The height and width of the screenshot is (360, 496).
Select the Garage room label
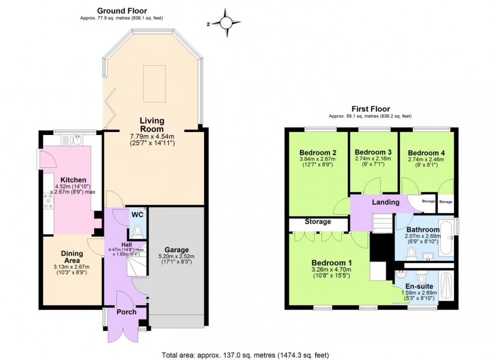(x=176, y=250)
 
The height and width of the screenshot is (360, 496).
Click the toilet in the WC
(x=136, y=231)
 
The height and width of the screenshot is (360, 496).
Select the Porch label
(x=126, y=312)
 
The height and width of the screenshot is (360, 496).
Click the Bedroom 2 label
(x=318, y=153)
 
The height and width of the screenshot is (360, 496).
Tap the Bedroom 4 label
(x=426, y=153)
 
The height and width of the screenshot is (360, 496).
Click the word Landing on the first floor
(x=385, y=202)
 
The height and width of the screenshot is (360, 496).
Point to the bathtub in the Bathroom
(x=446, y=238)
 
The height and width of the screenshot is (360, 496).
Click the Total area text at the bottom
(x=248, y=354)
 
